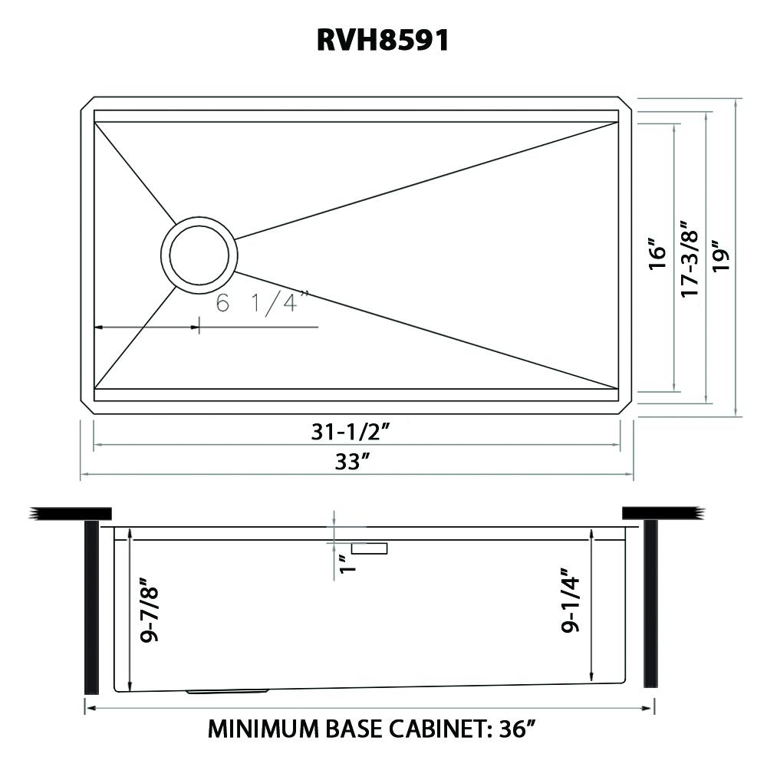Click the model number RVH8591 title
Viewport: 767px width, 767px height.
(383, 40)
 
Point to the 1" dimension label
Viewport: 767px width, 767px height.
(347, 565)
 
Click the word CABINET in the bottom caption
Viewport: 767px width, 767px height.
(436, 728)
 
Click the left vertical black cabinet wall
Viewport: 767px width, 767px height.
(91, 606)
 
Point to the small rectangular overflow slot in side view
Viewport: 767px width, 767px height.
(370, 548)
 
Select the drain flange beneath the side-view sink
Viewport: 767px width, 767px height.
(227, 692)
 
